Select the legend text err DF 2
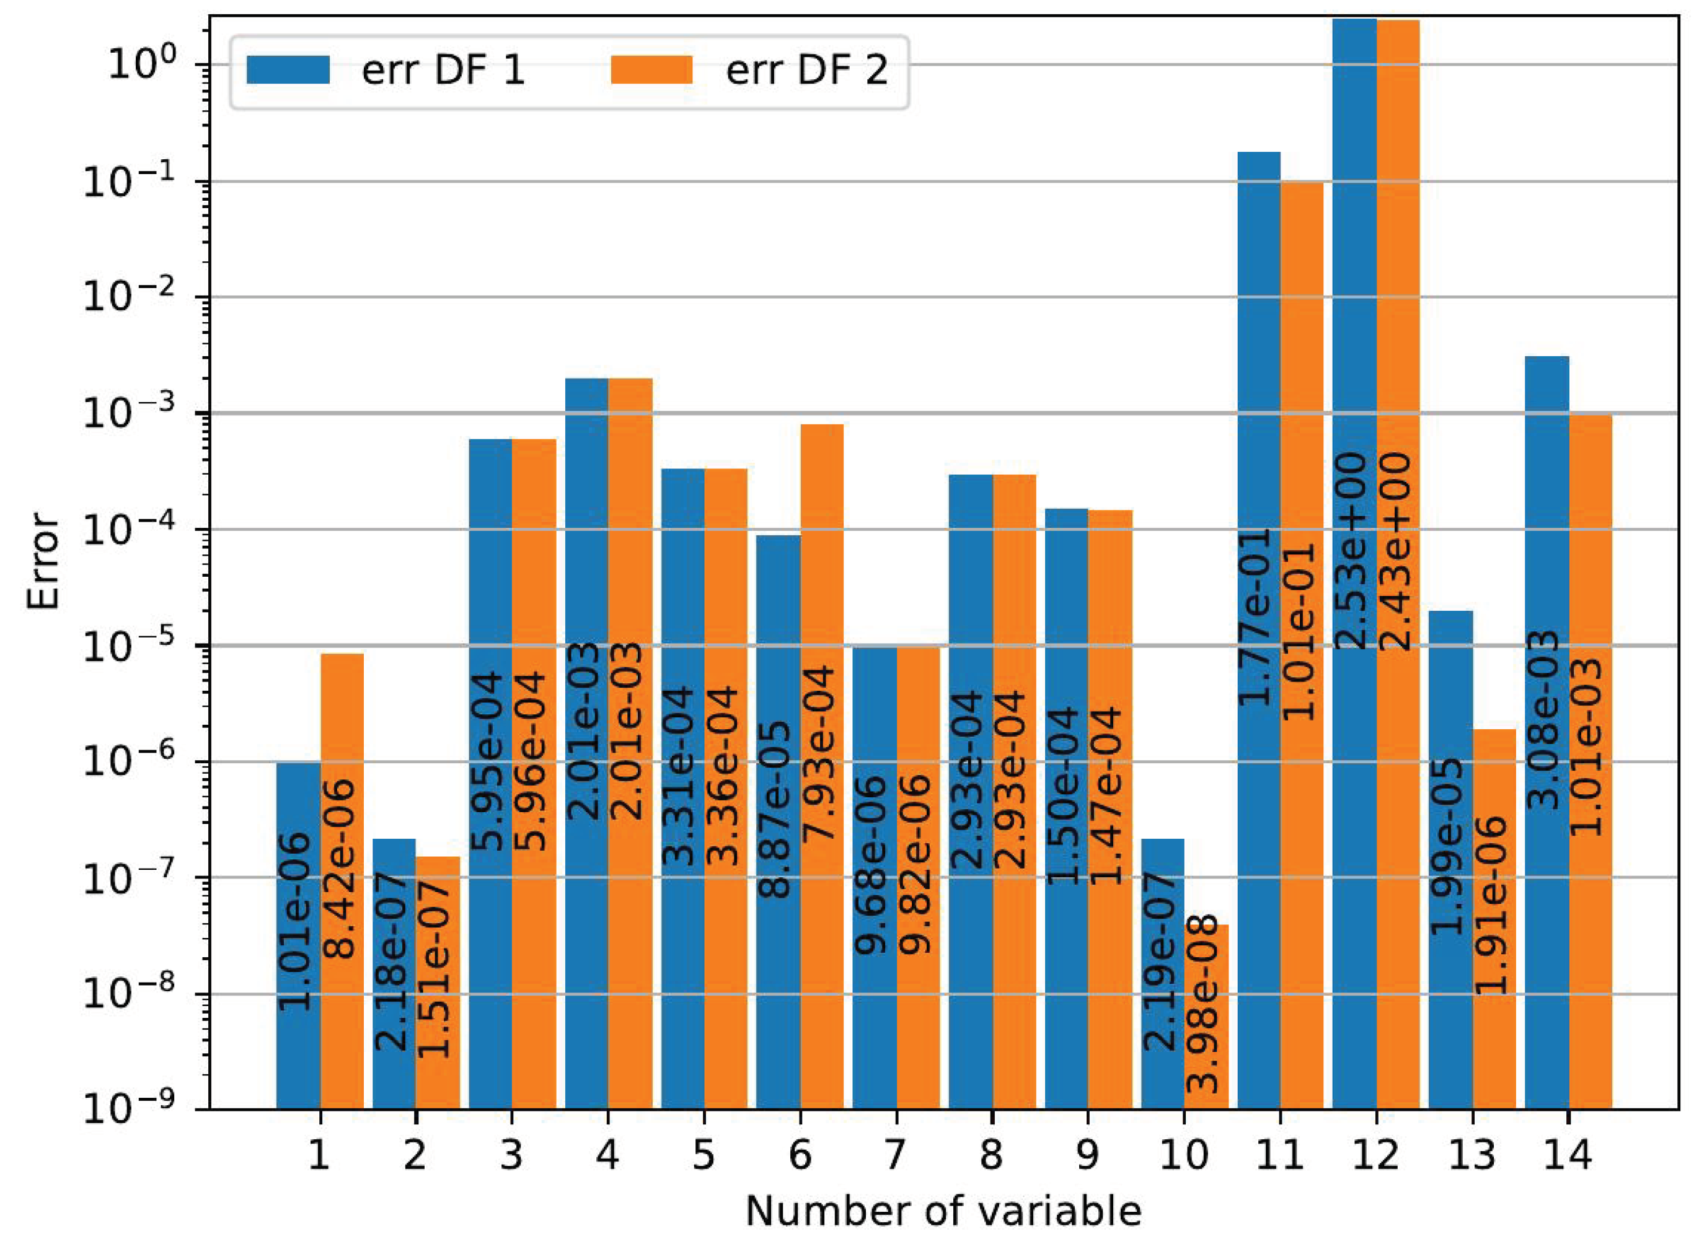(806, 70)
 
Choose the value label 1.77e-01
(1256, 618)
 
